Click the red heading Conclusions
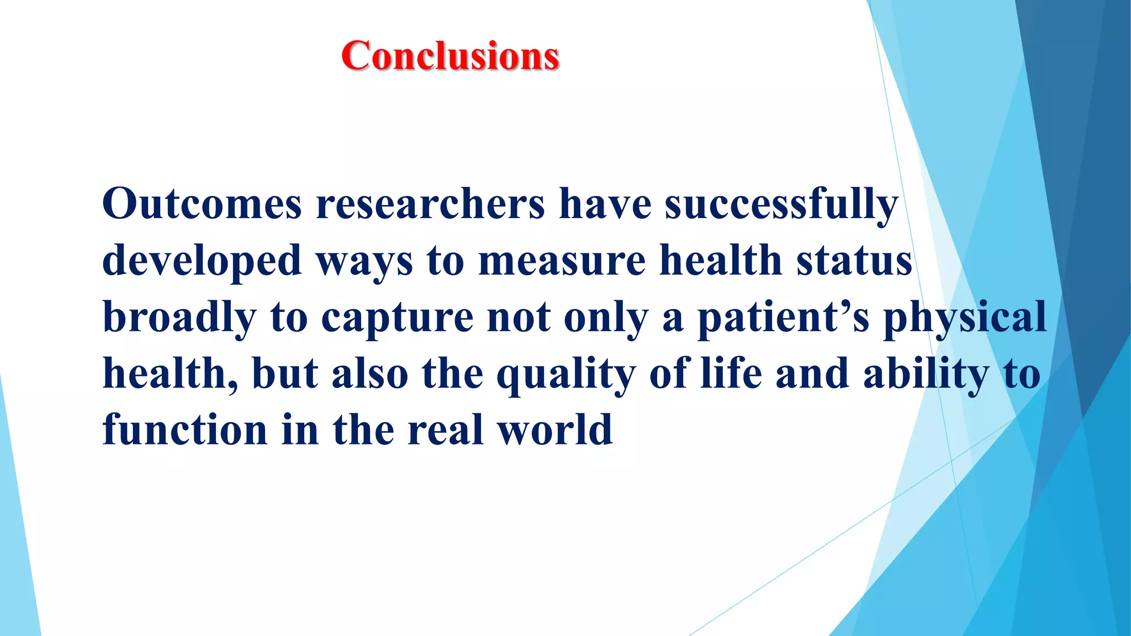click(450, 56)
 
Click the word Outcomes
click(202, 204)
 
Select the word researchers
click(430, 204)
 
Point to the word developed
click(202, 262)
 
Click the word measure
click(562, 261)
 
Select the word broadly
click(179, 319)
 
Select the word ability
click(926, 374)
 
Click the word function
click(185, 430)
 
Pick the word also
click(369, 374)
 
